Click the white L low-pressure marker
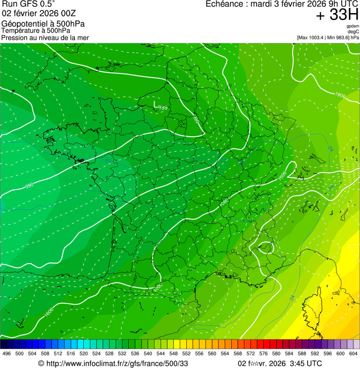155,103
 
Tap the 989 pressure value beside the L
163,108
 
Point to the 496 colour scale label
7,353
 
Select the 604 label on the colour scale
353,353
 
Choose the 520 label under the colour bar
83,353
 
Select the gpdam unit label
353,26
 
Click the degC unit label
353,32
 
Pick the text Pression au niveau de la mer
45,37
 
